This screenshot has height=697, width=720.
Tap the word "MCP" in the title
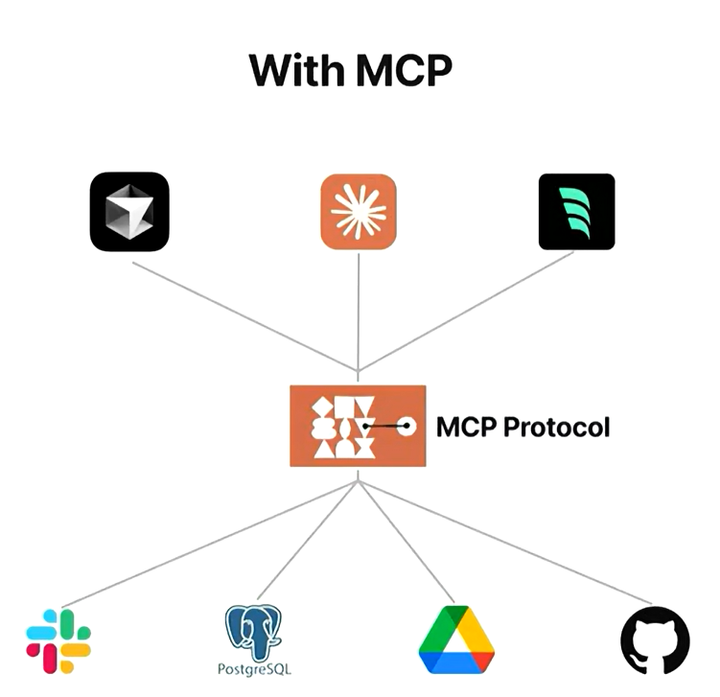pyautogui.click(x=401, y=70)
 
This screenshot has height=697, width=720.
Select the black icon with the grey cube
pyautogui.click(x=129, y=212)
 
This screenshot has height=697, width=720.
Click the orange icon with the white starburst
pyautogui.click(x=358, y=212)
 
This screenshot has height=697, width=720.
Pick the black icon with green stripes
pyautogui.click(x=576, y=212)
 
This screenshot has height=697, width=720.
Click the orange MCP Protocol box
pyautogui.click(x=357, y=426)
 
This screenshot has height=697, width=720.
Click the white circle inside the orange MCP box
pyautogui.click(x=406, y=426)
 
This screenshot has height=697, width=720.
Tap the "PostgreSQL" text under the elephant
pyautogui.click(x=255, y=668)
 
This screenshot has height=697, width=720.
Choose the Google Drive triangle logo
pyautogui.click(x=456, y=639)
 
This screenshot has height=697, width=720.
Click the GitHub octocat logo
pyautogui.click(x=655, y=639)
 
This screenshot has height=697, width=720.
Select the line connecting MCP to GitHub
pyautogui.click(x=508, y=543)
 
